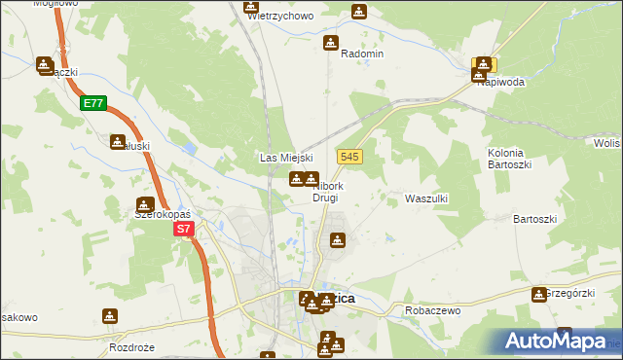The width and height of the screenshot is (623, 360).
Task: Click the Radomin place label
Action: [362, 54]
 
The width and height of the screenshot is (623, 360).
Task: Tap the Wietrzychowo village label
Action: [280, 17]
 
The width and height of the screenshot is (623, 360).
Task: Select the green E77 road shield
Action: [93, 102]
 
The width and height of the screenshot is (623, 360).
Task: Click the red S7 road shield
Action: [185, 230]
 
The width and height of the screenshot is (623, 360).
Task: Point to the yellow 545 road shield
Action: [351, 156]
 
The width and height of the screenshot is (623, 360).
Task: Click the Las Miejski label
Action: [285, 158]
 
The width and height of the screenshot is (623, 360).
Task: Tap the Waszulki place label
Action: [425, 198]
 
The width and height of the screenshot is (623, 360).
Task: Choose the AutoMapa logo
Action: [552, 342]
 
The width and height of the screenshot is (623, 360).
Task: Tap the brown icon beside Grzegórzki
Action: [539, 294]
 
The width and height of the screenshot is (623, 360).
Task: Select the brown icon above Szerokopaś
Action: [145, 204]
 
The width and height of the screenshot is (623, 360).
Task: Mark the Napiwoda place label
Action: [501, 83]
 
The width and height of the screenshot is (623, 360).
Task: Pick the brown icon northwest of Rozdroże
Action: [110, 316]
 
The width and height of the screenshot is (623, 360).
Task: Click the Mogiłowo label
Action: [55, 4]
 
